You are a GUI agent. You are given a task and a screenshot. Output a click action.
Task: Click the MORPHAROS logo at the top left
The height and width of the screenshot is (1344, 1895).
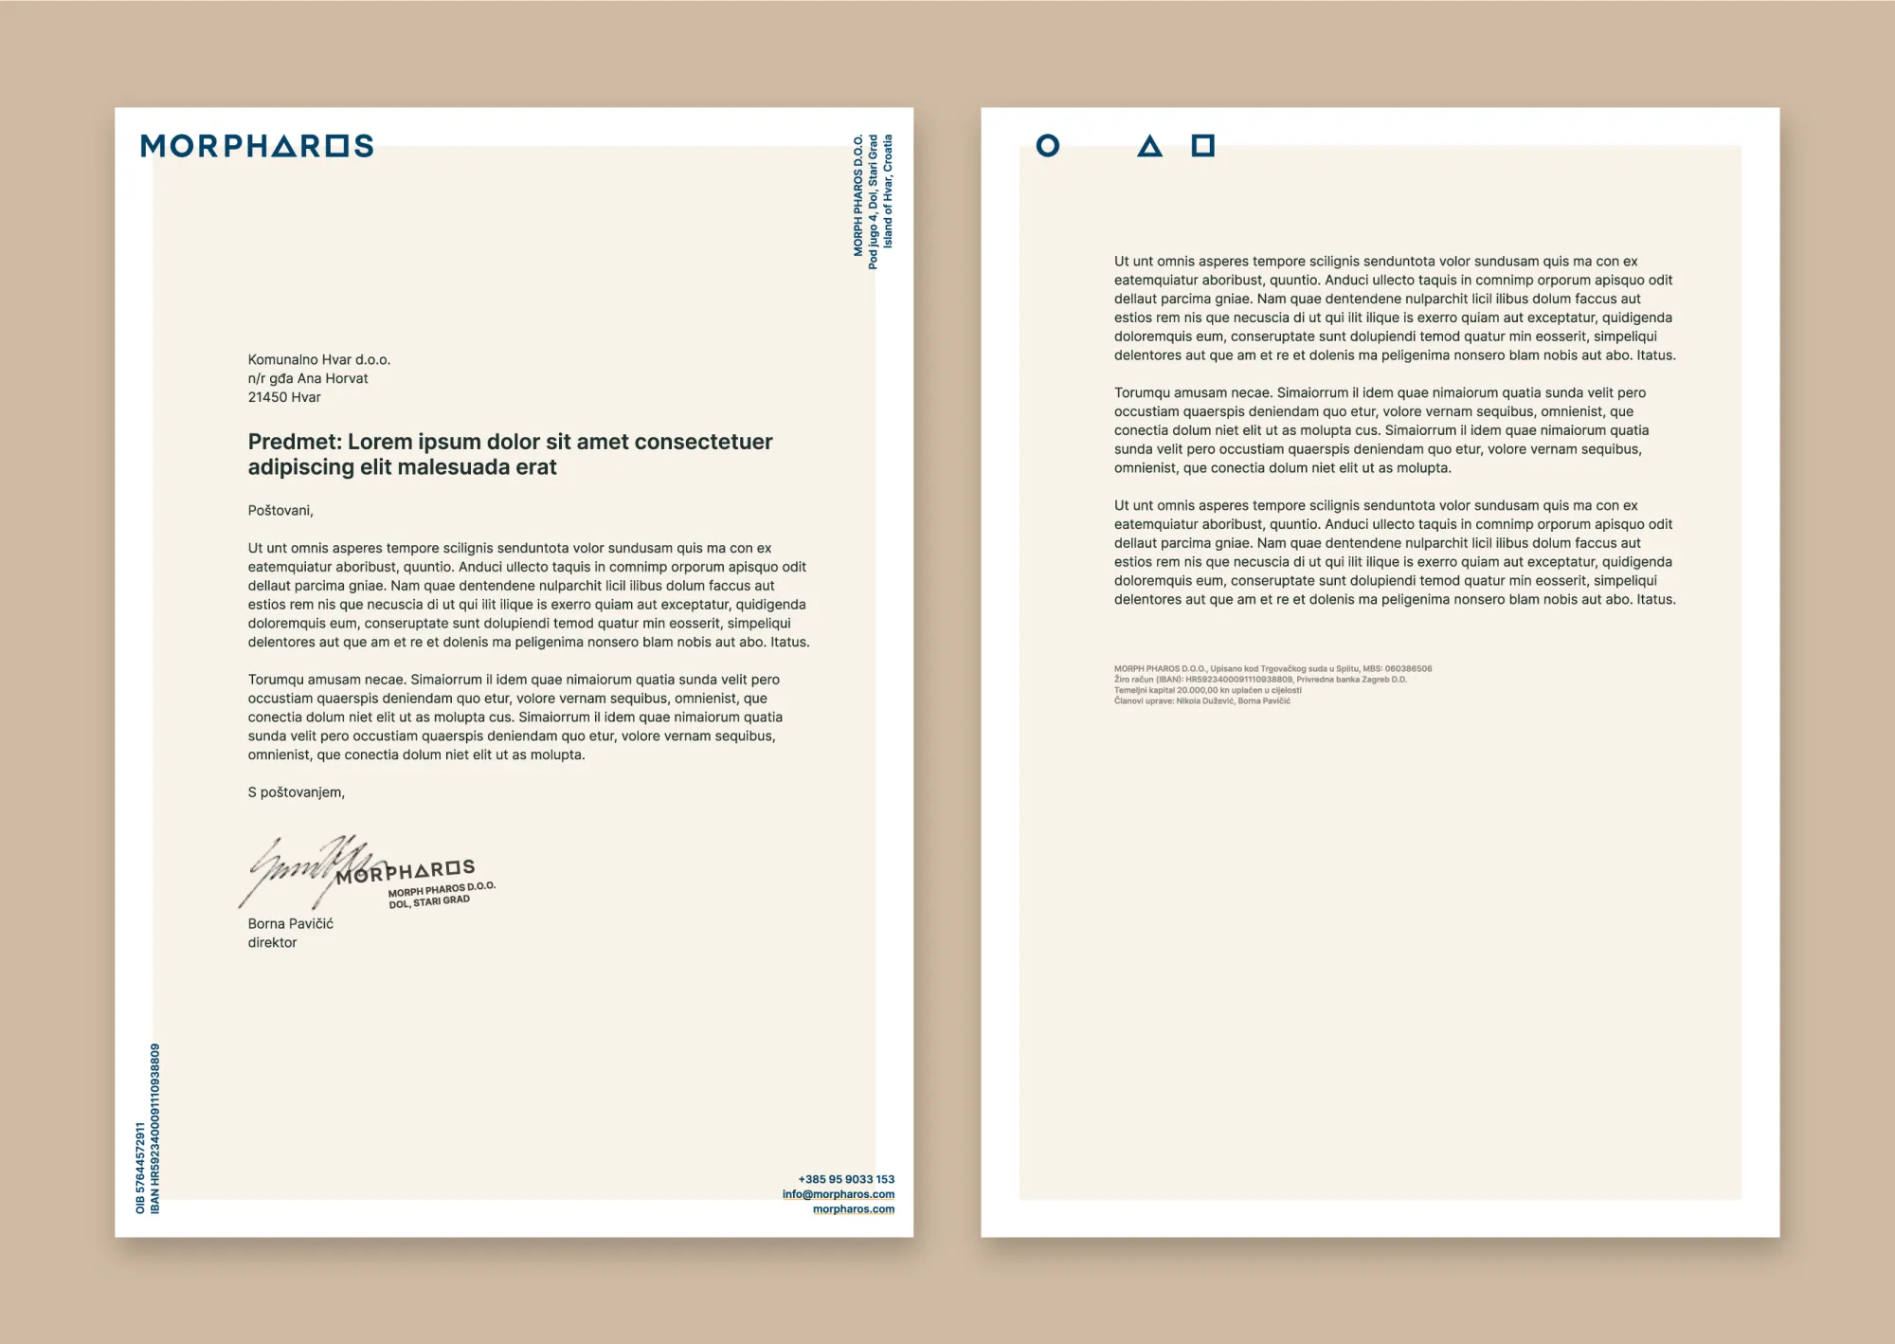point(257,146)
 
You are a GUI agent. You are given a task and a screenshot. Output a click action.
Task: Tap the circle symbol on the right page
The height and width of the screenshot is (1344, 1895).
point(1047,146)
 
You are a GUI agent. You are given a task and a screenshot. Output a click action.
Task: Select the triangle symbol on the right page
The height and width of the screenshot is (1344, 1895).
point(1149,147)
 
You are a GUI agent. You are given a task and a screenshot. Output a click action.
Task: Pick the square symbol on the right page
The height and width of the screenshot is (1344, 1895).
point(1202,146)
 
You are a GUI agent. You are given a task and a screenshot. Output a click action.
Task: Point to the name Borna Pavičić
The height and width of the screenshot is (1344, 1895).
point(290,923)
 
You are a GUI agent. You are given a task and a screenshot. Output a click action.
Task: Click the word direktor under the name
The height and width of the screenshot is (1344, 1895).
point(272,942)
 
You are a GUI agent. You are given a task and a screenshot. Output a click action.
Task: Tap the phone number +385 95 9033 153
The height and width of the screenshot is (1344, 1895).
point(846,1179)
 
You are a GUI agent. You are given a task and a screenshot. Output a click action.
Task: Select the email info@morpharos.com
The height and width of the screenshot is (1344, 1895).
point(838,1194)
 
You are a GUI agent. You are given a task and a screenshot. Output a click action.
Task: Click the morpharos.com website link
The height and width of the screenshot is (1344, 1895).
point(853,1208)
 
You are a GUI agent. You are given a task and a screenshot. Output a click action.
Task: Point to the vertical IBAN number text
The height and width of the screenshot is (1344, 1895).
point(155,1128)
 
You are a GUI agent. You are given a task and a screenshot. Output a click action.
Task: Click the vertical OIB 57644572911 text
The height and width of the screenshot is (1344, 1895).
point(140,1168)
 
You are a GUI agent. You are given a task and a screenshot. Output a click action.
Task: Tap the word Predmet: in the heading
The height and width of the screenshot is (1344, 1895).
point(295,442)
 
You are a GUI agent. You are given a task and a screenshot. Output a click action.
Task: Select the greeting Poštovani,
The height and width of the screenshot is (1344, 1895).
point(280,510)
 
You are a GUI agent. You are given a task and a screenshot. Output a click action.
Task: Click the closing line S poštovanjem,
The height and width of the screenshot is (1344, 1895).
point(296,792)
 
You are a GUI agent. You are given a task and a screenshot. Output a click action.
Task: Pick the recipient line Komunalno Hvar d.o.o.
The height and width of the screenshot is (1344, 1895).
point(318,359)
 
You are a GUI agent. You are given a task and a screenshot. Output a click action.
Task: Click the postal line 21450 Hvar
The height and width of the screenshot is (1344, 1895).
point(284,397)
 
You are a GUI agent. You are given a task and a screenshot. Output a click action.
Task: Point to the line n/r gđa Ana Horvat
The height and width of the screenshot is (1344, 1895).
point(308,378)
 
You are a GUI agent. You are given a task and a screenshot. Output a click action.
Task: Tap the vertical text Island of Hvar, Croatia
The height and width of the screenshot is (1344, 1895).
point(888,191)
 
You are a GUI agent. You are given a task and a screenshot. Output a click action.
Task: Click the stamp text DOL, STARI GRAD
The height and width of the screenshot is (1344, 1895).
point(429,901)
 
